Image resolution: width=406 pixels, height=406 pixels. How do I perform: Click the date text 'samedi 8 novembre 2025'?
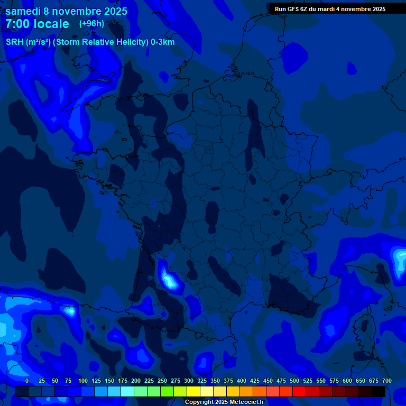pos(66,11)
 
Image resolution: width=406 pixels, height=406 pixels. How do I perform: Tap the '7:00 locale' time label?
pos(37,24)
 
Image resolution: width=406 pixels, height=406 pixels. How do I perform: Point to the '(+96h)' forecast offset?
pos(91,24)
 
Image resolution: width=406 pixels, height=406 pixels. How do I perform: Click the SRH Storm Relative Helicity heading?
pos(90,42)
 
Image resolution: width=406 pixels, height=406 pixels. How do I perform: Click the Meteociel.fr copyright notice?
pos(224,402)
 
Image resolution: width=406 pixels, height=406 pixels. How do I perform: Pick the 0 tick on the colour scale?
pos(27,381)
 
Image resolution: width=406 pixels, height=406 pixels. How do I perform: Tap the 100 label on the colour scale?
pos(83,381)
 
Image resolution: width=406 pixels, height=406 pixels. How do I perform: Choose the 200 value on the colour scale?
pos(136,381)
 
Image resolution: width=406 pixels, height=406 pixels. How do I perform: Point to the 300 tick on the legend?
pos(189,381)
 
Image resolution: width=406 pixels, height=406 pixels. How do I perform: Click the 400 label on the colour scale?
pos(242,381)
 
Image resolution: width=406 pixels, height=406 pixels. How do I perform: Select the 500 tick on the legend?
pos(294,381)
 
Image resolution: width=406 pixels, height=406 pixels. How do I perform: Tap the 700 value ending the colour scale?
pos(386,381)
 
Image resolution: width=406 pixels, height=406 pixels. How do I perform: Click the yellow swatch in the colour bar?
pos(193,391)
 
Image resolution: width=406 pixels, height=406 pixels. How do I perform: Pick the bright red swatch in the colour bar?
pos(299,391)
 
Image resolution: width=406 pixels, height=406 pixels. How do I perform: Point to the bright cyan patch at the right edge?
pos(399,259)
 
